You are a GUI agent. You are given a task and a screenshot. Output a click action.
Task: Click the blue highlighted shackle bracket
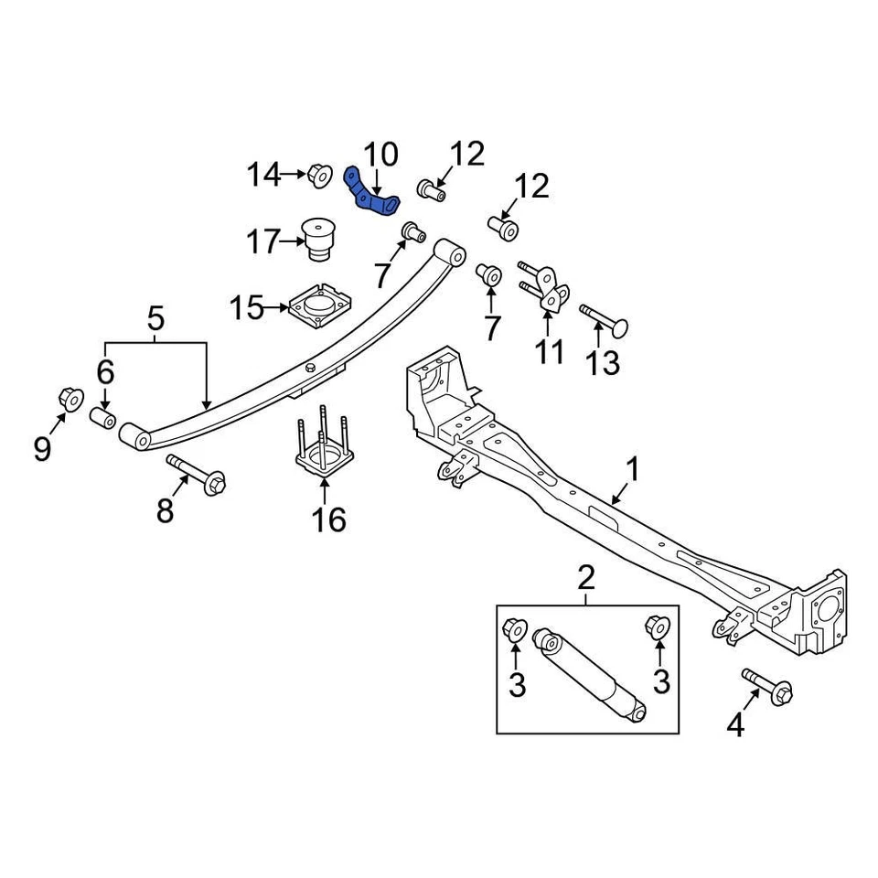373,192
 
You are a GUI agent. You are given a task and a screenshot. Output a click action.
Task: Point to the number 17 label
263,242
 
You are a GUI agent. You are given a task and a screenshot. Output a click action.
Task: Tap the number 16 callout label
329,520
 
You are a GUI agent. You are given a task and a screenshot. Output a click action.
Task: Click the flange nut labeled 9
70,399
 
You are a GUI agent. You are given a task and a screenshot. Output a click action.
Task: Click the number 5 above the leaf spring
155,319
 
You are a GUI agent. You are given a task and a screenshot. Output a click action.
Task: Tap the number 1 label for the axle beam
631,471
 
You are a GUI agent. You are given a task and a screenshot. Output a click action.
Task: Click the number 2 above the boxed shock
586,578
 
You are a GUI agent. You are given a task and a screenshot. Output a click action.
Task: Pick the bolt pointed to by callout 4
767,686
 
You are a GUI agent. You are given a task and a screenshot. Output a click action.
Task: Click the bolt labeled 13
605,319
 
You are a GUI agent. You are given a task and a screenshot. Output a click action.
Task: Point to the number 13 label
603,363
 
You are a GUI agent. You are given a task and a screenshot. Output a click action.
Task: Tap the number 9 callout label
42,449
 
